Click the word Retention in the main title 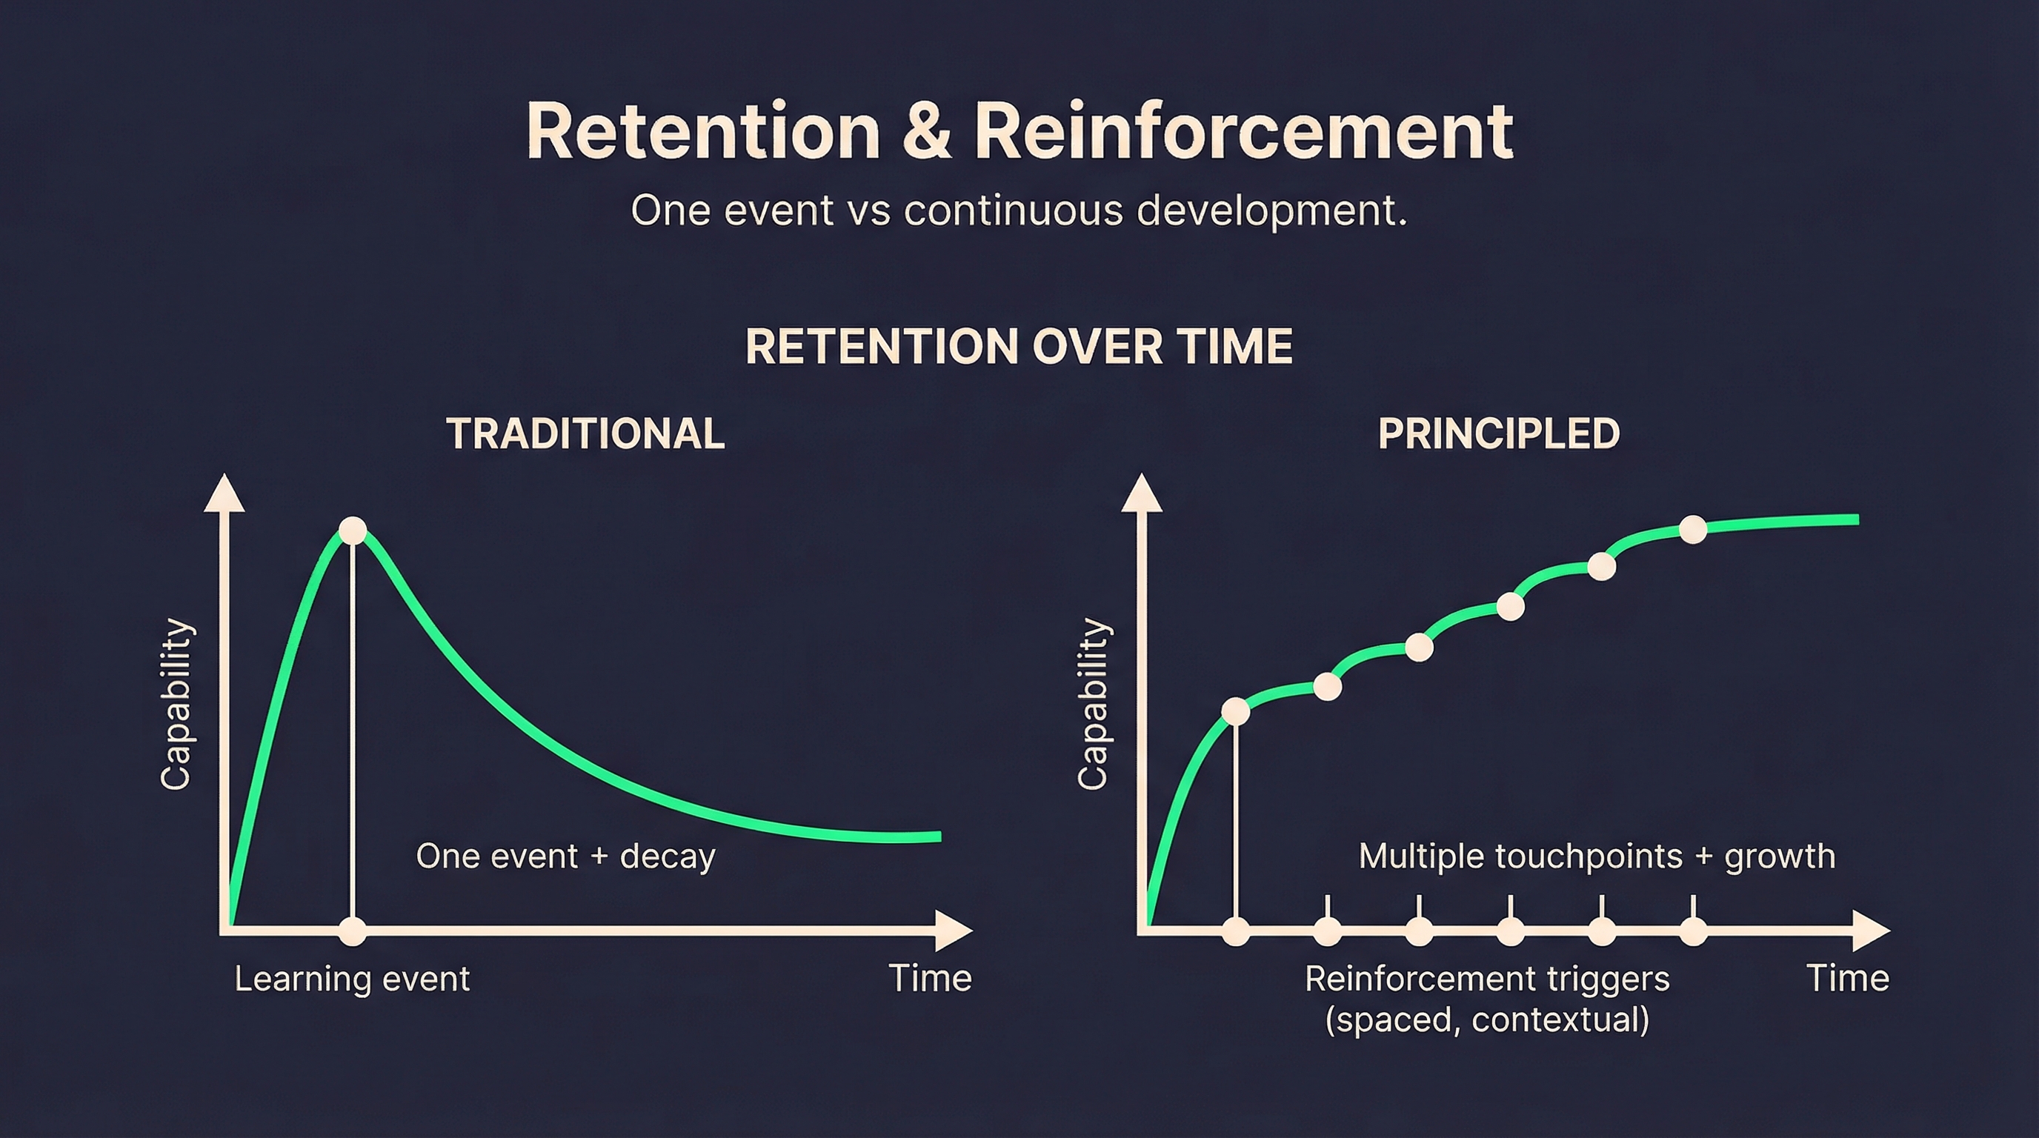pos(703,132)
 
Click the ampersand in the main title pos(927,132)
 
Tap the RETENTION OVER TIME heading pos(1019,347)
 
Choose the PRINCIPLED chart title pos(1498,433)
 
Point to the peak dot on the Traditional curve pos(352,530)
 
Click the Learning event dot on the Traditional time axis pos(352,931)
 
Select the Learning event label pos(352,979)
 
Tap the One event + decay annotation pos(565,856)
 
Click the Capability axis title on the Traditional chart pos(176,705)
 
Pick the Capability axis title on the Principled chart pos(1093,705)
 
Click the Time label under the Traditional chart pos(929,979)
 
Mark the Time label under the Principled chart pos(1847,979)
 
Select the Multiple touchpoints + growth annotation pos(1597,856)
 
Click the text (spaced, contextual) pos(1486,1019)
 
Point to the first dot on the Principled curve pos(1236,711)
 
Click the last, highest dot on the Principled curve pos(1693,530)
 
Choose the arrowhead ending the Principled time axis pos(1872,931)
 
